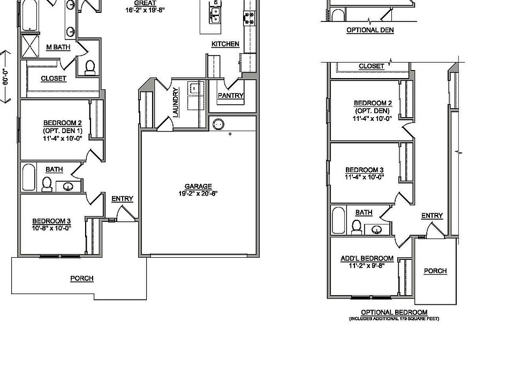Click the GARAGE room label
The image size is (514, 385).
point(199,187)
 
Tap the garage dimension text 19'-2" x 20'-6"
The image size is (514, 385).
point(199,194)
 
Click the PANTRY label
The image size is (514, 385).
point(231,96)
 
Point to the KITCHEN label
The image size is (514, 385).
point(225,44)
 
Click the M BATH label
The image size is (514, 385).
point(58,47)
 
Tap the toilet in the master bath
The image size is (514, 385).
point(90,67)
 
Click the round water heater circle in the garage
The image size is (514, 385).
point(218,125)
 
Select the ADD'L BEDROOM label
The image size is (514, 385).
point(367,259)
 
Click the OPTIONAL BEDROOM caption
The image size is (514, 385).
point(394,312)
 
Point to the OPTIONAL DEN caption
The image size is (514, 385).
point(370,30)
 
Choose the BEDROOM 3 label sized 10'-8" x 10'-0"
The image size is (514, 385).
point(51,221)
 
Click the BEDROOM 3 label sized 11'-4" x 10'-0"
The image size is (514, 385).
point(364,171)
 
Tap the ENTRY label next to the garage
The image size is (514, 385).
point(122,199)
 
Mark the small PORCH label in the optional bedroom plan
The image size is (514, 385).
point(435,271)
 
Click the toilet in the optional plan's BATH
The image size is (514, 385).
point(356,227)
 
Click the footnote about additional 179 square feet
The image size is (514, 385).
point(394,319)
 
